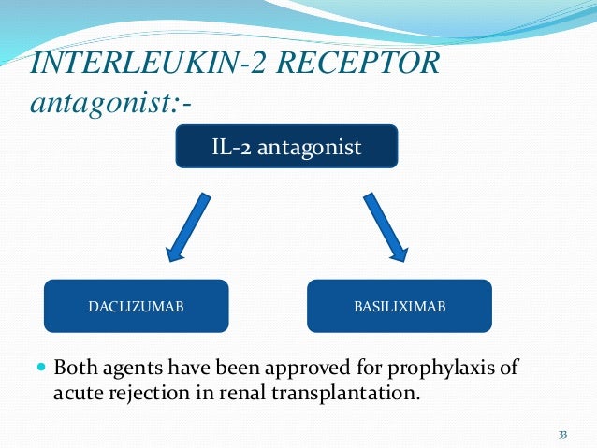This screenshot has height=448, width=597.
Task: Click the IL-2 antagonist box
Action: click(x=286, y=148)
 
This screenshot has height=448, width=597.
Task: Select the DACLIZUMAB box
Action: click(x=136, y=306)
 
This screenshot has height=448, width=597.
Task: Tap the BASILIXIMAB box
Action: click(x=400, y=306)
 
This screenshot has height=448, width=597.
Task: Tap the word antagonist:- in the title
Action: click(x=111, y=101)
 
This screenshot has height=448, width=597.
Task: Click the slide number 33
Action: click(x=562, y=434)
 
